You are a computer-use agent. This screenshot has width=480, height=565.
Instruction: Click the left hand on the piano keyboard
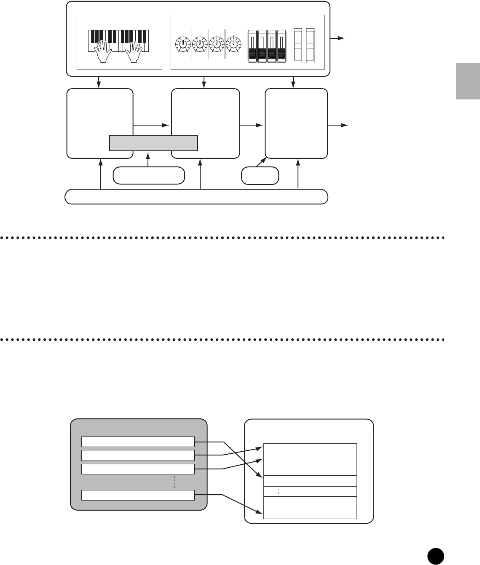pyautogui.click(x=102, y=51)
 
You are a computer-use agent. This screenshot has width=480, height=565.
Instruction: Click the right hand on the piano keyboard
pyautogui.click(x=133, y=51)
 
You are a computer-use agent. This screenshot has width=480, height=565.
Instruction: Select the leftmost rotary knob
pyautogui.click(x=182, y=44)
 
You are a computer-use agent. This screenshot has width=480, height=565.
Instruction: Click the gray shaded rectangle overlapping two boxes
pyautogui.click(x=153, y=143)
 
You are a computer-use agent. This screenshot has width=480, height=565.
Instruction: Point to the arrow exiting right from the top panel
pyautogui.click(x=338, y=38)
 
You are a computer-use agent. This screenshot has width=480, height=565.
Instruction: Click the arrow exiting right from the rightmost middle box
pyautogui.click(x=339, y=125)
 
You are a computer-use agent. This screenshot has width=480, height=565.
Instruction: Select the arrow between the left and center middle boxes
pyautogui.click(x=152, y=125)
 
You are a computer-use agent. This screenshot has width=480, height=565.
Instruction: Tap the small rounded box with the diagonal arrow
pyautogui.click(x=260, y=176)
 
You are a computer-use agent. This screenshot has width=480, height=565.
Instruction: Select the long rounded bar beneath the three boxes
pyautogui.click(x=196, y=197)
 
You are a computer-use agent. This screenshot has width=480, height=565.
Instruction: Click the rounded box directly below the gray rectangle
pyautogui.click(x=149, y=176)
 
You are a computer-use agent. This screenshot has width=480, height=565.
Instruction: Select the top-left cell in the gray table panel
pyautogui.click(x=100, y=442)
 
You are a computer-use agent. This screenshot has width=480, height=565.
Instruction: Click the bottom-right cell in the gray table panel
pyautogui.click(x=176, y=495)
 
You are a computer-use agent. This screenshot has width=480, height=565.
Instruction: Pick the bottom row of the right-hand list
pyautogui.click(x=310, y=513)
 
